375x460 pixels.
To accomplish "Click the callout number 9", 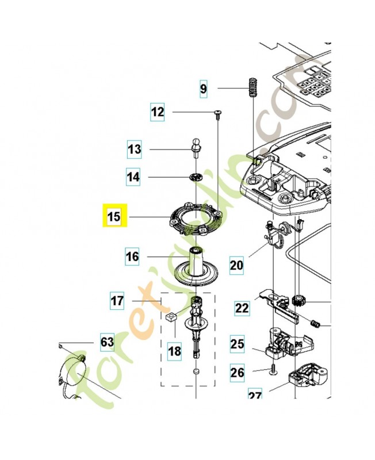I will pyautogui.click(x=203, y=89).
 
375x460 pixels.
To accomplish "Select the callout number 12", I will pyautogui.click(x=157, y=112).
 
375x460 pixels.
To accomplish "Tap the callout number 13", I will pyautogui.click(x=134, y=150).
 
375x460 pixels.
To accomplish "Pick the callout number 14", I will pyautogui.click(x=133, y=177).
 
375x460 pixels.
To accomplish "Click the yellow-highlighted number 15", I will pyautogui.click(x=114, y=217).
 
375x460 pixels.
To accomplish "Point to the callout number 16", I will pyautogui.click(x=132, y=256).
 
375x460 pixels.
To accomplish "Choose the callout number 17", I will pyautogui.click(x=118, y=300).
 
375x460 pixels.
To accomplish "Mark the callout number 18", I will pyautogui.click(x=174, y=349).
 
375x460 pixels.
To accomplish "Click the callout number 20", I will pyautogui.click(x=236, y=265).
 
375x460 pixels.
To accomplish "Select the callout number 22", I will pyautogui.click(x=242, y=308).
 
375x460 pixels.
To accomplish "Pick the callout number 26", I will pyautogui.click(x=237, y=373).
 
